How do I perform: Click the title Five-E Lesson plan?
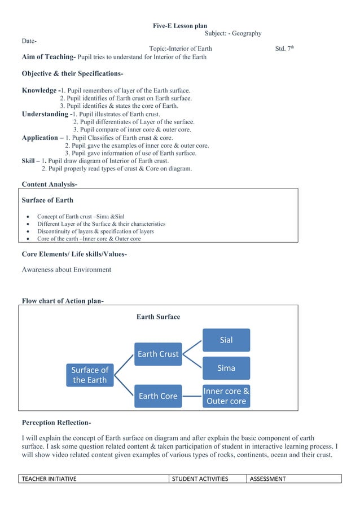pyautogui.click(x=180, y=26)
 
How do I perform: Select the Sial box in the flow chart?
pyautogui.click(x=226, y=340)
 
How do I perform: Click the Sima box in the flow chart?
pyautogui.click(x=226, y=368)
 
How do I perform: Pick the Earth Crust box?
pyautogui.click(x=157, y=354)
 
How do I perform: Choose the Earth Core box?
pyautogui.click(x=157, y=396)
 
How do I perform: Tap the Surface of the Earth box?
pyautogui.click(x=89, y=375)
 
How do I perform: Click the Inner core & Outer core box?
pyautogui.click(x=226, y=396)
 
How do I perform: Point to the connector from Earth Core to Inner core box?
pyautogui.click(x=192, y=396)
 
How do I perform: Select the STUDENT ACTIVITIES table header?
pyautogui.click(x=200, y=479)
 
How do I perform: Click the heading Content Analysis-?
pyautogui.click(x=50, y=184)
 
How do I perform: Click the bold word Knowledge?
pyautogui.click(x=39, y=90)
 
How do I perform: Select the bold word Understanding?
pyautogui.click(x=45, y=114)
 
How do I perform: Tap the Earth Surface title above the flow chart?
pyautogui.click(x=158, y=317)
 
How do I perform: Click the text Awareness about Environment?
pyautogui.click(x=66, y=270)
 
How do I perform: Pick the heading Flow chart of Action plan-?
pyautogui.click(x=62, y=300)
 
